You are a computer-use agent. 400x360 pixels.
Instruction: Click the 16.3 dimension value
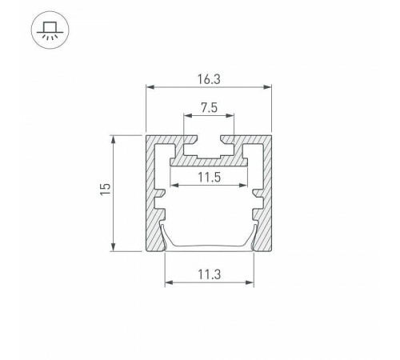click(x=209, y=79)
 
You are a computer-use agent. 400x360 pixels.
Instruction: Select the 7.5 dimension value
click(x=209, y=108)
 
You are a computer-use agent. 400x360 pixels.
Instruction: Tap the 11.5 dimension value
click(x=210, y=177)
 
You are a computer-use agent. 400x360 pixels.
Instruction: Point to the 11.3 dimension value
click(x=210, y=274)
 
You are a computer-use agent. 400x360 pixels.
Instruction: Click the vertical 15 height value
click(x=106, y=189)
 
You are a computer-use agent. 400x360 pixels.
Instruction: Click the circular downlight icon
click(x=50, y=30)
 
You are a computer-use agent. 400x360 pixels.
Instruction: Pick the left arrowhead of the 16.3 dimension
click(x=150, y=87)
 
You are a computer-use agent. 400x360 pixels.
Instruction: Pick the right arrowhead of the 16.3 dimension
click(x=267, y=87)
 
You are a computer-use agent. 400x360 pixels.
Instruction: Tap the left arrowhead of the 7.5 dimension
click(x=188, y=115)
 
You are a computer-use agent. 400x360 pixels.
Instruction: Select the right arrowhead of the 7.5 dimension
click(x=230, y=115)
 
